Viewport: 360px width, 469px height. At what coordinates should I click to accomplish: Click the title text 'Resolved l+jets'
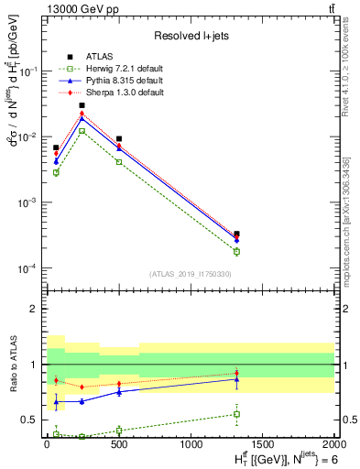190,36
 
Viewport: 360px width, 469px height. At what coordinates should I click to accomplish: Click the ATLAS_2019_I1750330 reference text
190,274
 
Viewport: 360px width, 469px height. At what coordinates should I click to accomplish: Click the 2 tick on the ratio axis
35,309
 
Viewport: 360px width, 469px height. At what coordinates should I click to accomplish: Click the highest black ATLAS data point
82,105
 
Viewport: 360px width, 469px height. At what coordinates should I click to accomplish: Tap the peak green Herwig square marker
82,131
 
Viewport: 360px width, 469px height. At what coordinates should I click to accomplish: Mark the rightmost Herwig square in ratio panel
236,414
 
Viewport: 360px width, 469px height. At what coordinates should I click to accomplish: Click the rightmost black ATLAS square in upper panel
236,234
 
